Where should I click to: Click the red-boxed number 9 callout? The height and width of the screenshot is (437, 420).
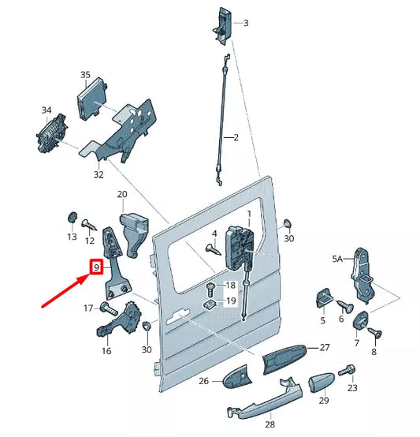96,267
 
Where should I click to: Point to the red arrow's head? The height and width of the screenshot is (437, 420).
84,279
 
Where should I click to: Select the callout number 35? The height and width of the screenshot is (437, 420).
85,75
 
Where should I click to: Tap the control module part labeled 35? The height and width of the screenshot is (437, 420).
92,99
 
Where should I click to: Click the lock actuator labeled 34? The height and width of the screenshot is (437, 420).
51,133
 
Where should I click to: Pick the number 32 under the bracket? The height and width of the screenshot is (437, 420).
98,174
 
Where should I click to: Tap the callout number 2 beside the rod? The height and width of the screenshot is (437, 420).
236,137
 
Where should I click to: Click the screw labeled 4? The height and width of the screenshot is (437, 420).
214,249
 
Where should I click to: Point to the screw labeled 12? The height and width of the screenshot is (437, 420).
89,225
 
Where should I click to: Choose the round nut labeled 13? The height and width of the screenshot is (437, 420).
72,217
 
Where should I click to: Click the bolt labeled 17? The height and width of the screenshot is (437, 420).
110,308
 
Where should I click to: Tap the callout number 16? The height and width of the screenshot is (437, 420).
106,350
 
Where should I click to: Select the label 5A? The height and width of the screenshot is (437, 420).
337,259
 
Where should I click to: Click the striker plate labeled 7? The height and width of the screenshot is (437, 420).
361,320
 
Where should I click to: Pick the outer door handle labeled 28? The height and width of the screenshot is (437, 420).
265,398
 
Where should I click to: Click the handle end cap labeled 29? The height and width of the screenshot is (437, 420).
321,382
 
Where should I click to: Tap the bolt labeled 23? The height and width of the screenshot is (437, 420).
347,371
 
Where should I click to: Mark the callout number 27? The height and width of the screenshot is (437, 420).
325,347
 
